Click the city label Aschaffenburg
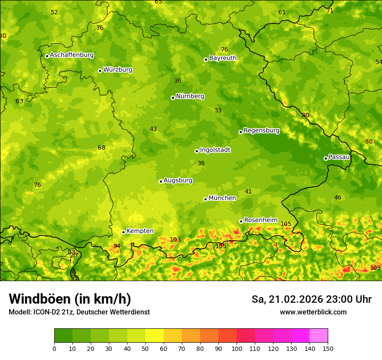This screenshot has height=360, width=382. pyautogui.click(x=72, y=55)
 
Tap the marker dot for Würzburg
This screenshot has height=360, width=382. pyautogui.click(x=100, y=71)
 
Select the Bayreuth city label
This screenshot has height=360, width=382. pyautogui.click(x=223, y=58)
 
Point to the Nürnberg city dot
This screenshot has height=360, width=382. pyautogui.click(x=173, y=98)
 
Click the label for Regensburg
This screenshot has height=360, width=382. pyautogui.click(x=261, y=130)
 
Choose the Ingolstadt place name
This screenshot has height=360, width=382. pyautogui.click(x=215, y=150)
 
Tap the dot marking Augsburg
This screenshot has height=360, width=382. pyautogui.click(x=161, y=181)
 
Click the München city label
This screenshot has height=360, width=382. pyautogui.click(x=222, y=198)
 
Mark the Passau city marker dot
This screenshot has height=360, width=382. pyautogui.click(x=326, y=158)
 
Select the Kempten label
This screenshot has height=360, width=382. pyautogui.click(x=140, y=231)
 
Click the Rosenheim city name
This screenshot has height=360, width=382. pyautogui.click(x=260, y=220)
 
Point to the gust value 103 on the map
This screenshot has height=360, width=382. pyautogui.click(x=175, y=239)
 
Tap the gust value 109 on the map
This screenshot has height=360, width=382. pyautogui.click(x=375, y=268)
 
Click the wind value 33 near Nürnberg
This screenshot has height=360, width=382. pyautogui.click(x=218, y=110)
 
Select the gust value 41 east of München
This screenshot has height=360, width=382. pyautogui.click(x=248, y=191)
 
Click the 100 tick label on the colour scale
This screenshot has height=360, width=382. pyautogui.click(x=237, y=348)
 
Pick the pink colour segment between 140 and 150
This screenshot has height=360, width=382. pyautogui.click(x=319, y=335)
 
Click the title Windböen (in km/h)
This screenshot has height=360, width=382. pyautogui.click(x=70, y=299)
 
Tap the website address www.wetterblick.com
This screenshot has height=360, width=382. pyautogui.click(x=313, y=312)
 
